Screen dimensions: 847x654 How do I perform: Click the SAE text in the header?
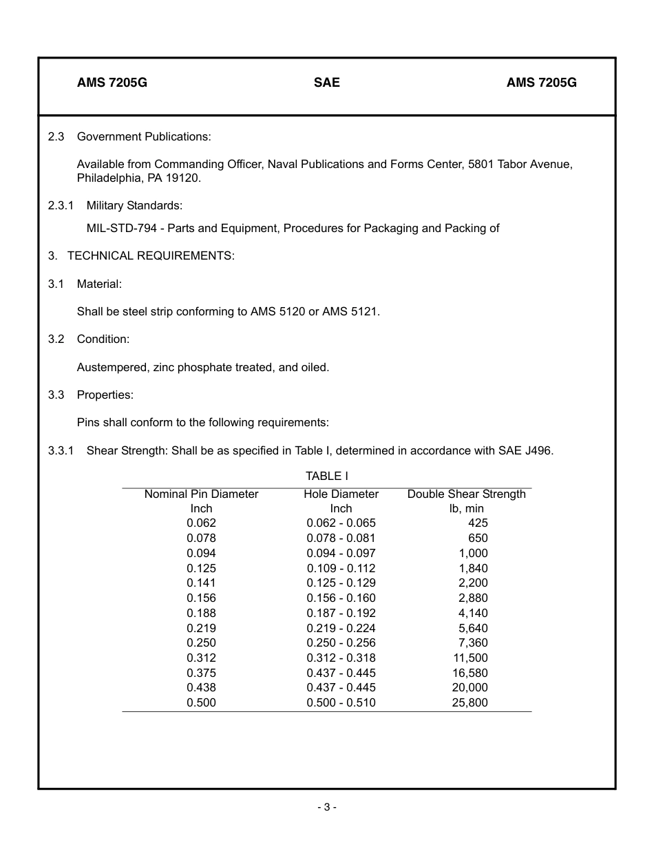[x=326, y=83]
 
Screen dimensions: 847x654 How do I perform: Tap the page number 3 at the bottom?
[x=327, y=807]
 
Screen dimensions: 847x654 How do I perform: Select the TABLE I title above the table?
[x=327, y=476]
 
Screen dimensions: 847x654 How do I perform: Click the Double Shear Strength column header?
[x=466, y=494]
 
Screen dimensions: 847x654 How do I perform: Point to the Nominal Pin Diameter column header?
[x=201, y=494]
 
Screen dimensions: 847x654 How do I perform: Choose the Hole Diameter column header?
[x=341, y=494]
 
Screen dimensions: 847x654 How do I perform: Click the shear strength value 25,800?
[x=470, y=703]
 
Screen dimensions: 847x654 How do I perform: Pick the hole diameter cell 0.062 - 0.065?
[x=341, y=523]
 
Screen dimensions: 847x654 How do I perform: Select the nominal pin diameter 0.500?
[x=201, y=703]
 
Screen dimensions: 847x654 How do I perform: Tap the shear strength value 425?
[x=477, y=523]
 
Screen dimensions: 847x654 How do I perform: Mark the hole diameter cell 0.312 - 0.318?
[x=341, y=658]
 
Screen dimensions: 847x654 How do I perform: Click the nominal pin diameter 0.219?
[x=201, y=628]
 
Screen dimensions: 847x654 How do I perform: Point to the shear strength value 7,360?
[x=473, y=642]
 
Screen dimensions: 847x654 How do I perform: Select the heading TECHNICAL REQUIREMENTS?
[x=151, y=255]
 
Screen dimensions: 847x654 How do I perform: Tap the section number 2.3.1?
[x=61, y=205]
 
